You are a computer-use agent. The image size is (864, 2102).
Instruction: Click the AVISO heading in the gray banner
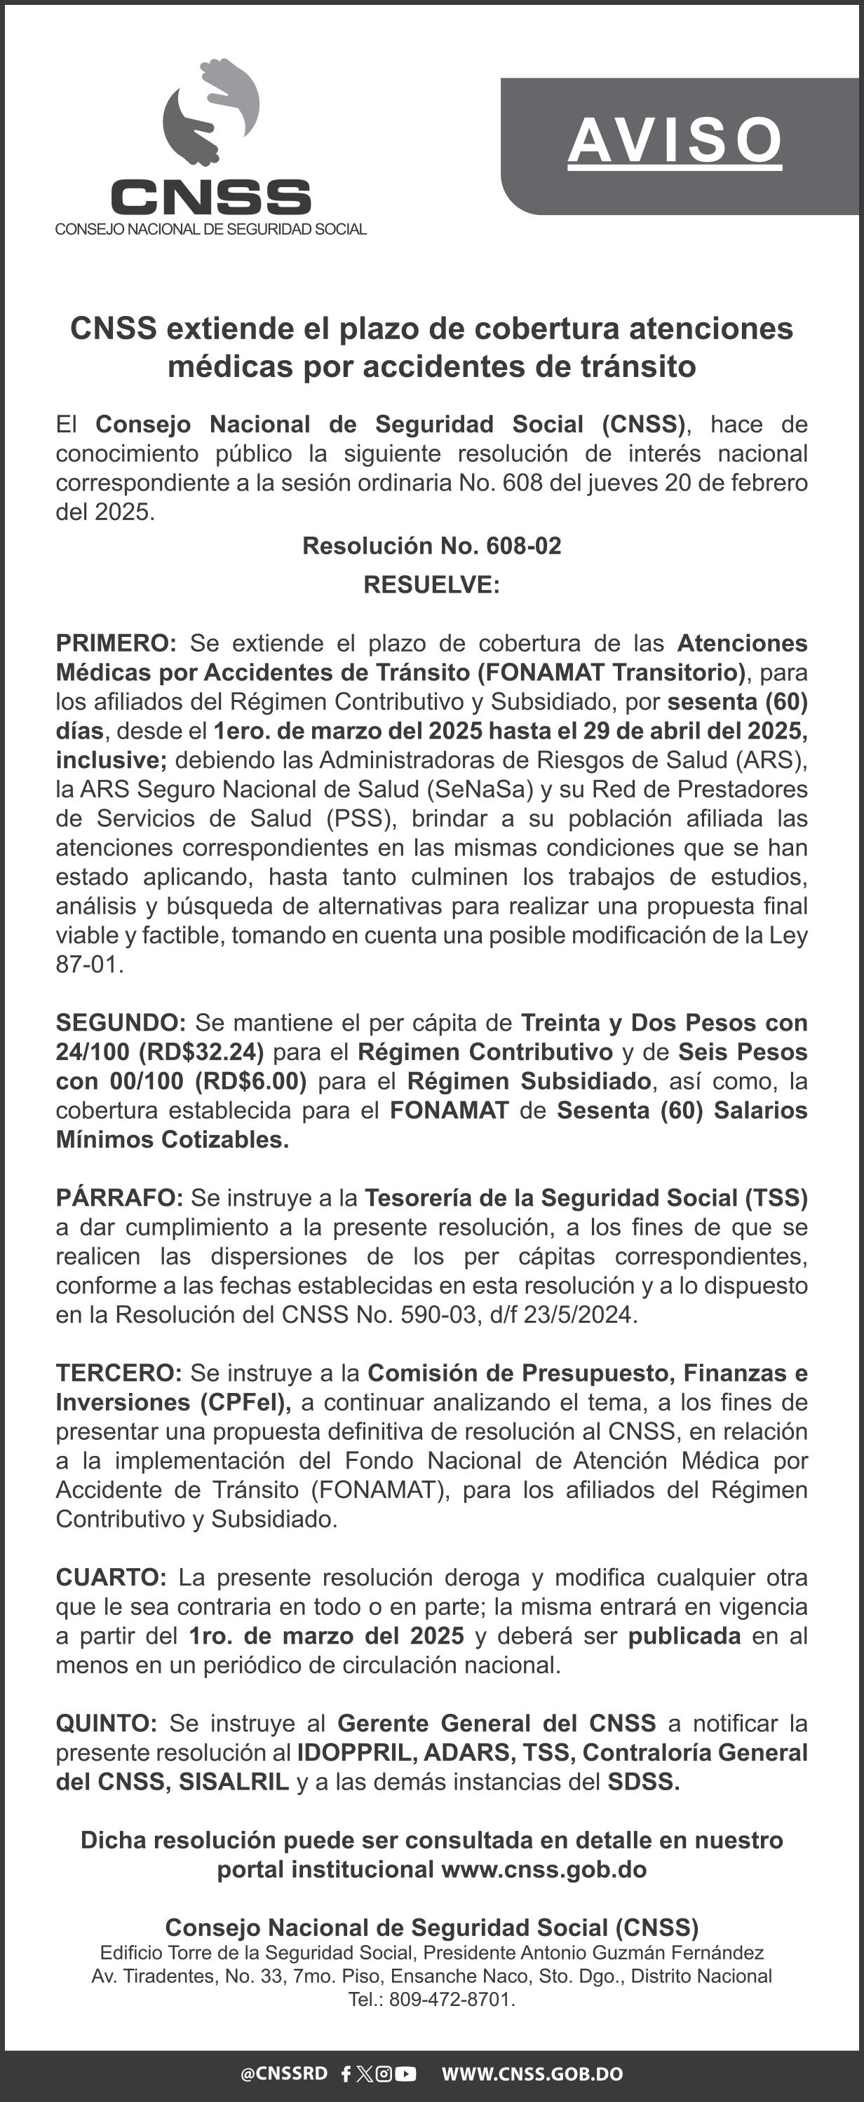click(x=675, y=140)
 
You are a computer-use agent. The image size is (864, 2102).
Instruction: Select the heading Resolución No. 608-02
click(x=431, y=546)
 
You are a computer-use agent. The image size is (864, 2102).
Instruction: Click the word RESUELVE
click(x=431, y=585)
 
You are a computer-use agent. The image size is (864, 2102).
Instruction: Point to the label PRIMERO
click(x=115, y=643)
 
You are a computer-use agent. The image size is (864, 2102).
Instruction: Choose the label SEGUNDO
click(x=120, y=1022)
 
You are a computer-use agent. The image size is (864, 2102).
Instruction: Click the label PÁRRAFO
click(x=119, y=1198)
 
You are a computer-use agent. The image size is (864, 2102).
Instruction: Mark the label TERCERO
click(x=119, y=1373)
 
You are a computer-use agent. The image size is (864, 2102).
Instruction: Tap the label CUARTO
click(x=110, y=1577)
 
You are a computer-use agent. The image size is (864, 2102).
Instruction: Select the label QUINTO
click(x=106, y=1724)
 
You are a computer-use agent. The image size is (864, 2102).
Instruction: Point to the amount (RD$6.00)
click(x=250, y=1081)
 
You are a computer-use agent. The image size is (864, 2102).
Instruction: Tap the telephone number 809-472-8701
click(x=451, y=1999)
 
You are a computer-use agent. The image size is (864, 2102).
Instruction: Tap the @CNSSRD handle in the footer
click(x=283, y=2073)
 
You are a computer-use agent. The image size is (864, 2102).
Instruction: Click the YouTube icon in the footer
click(x=406, y=2073)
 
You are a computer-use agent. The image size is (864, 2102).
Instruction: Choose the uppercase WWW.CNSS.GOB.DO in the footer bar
click(x=532, y=2073)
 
